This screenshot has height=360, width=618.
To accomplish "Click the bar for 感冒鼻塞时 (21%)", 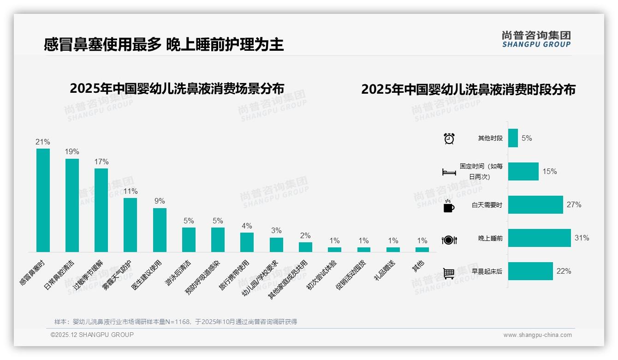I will (43, 200).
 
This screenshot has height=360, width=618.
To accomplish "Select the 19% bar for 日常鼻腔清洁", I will (72, 205).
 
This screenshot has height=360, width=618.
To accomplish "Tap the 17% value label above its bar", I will (101, 162).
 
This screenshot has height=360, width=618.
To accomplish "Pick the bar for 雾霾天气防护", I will (130, 225).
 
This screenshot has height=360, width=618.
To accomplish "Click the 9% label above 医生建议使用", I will (160, 201).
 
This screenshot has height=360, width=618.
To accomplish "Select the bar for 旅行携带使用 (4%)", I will (247, 242).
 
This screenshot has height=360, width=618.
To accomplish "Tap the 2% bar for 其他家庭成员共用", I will (305, 247).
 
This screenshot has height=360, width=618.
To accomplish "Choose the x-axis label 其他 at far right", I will (418, 266).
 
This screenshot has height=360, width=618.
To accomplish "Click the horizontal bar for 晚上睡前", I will (539, 238).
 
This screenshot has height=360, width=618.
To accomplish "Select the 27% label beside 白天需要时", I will (574, 205).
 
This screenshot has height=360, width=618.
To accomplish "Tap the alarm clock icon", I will (449, 138).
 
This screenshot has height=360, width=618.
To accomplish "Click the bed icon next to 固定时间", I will (449, 172).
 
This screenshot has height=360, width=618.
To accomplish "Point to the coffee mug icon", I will (449, 206).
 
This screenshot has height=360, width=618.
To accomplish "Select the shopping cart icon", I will (449, 273).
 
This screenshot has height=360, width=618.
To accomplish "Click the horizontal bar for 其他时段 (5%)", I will (513, 138).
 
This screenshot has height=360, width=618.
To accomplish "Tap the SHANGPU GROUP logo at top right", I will (536, 39).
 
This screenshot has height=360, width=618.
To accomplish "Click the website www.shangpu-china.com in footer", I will (537, 335).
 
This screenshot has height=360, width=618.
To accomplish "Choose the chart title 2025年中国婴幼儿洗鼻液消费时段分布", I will (468, 90).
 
